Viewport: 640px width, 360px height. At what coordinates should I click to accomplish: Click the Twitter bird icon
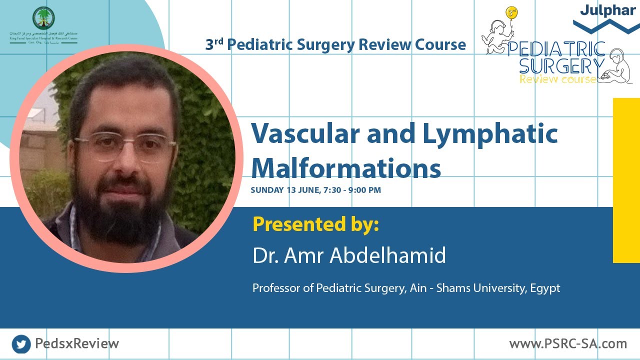pos(21,344)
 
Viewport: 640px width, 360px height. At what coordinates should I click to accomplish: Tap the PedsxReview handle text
pos(77,344)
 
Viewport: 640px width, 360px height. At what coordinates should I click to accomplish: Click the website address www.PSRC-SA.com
pos(568,344)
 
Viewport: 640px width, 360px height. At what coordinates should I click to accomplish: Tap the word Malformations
pos(345,168)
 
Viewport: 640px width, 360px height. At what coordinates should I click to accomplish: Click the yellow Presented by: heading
pos(315,224)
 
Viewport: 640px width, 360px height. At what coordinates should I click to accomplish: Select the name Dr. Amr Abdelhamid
pos(349,255)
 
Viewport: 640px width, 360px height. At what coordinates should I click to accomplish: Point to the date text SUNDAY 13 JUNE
pos(285,190)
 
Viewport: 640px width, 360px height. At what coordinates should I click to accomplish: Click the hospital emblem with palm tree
pos(43,18)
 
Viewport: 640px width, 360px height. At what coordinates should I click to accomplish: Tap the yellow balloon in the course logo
pos(511,13)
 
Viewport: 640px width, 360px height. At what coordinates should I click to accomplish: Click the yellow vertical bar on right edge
pos(626,180)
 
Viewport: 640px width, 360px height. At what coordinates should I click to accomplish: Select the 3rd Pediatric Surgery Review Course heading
pos(335,45)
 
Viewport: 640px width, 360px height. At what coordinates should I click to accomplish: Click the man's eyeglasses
pos(125,146)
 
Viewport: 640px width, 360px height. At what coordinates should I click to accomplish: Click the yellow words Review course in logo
pos(557,79)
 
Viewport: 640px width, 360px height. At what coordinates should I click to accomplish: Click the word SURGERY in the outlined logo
pos(561,65)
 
